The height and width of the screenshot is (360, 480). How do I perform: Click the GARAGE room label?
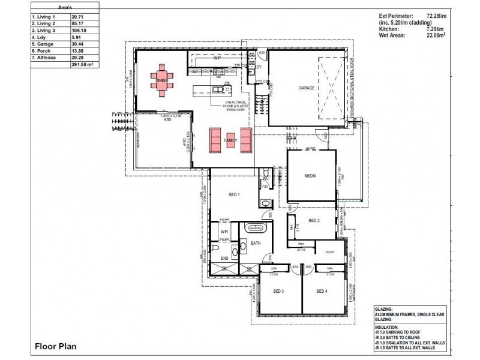pyautogui.click(x=307, y=88)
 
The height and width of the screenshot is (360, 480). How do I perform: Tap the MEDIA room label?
pyautogui.click(x=310, y=176)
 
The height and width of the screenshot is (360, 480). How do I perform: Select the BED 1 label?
pyautogui.click(x=234, y=195)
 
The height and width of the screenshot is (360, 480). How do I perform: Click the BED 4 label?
pyautogui.click(x=322, y=291)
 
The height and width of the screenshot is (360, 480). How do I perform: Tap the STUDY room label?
pyautogui.click(x=329, y=252)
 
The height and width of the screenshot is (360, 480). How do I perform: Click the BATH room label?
pyautogui.click(x=255, y=242)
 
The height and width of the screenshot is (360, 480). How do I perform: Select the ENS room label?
pyautogui.click(x=224, y=259)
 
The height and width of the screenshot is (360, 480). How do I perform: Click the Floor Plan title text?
pyautogui.click(x=55, y=346)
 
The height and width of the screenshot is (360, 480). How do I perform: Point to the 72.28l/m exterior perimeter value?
pyautogui.click(x=440, y=17)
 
